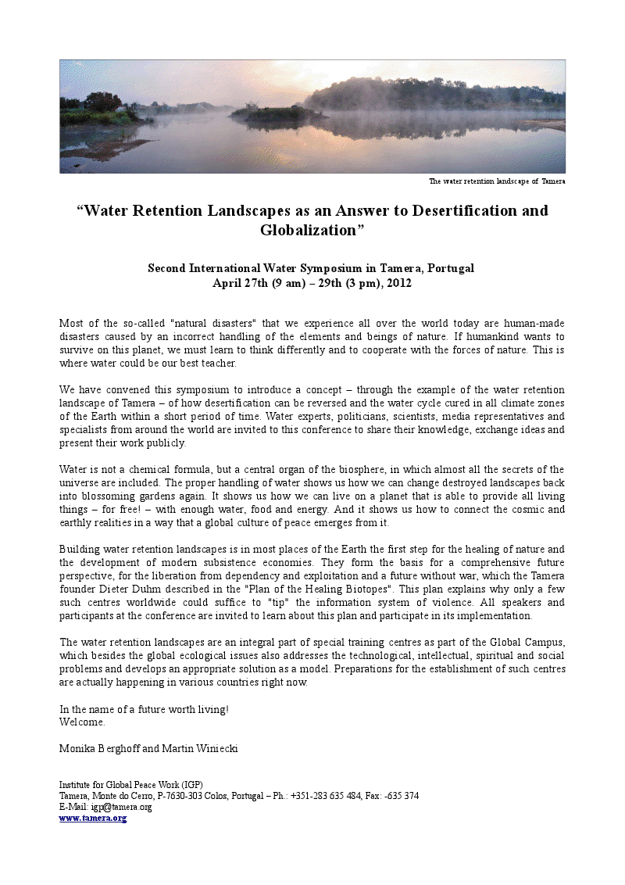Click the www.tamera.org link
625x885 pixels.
(93, 818)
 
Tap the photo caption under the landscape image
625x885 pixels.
(497, 181)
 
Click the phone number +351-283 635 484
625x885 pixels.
(326, 796)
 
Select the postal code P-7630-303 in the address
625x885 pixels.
(184, 796)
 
